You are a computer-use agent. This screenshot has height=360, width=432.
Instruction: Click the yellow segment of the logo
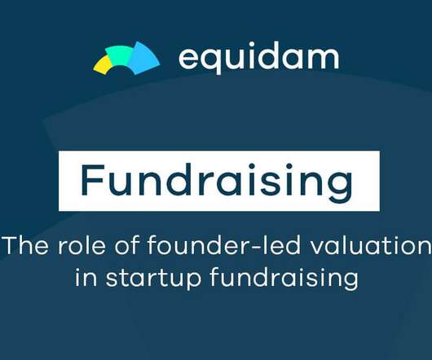(101, 64)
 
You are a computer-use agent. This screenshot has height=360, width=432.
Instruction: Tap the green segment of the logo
(119, 55)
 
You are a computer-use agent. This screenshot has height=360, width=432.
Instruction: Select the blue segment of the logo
(143, 59)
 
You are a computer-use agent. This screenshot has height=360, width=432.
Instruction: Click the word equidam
(258, 59)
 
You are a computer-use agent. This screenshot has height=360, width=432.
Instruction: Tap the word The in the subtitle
(26, 245)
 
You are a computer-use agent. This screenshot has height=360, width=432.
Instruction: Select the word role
(82, 245)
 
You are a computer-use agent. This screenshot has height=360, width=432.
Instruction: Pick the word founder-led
(223, 245)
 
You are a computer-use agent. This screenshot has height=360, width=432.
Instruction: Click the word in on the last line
(86, 277)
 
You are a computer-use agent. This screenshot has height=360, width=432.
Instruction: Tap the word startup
(154, 279)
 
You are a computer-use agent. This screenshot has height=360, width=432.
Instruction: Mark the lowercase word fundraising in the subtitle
(284, 279)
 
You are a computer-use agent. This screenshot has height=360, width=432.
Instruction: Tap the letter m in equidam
(325, 59)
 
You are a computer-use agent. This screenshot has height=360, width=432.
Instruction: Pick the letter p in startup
(192, 281)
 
